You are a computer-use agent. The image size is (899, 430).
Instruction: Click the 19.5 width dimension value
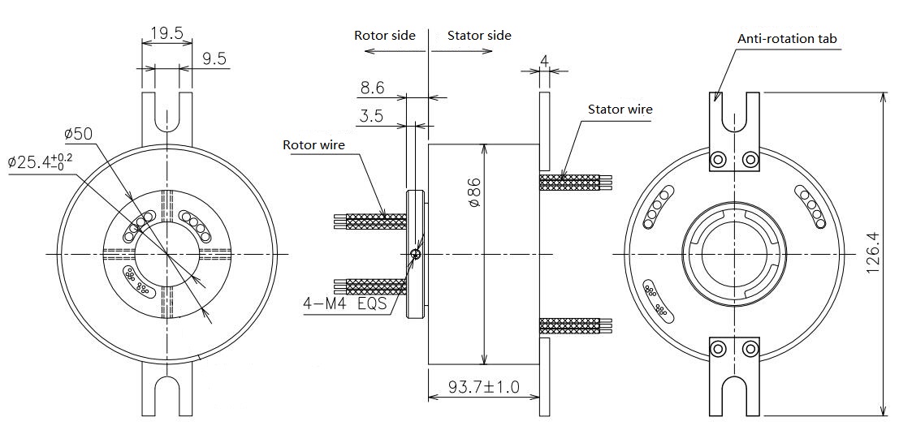click(x=167, y=33)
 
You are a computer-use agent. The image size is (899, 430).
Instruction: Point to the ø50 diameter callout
click(x=79, y=132)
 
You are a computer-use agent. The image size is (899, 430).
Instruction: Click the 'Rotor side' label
click(x=384, y=36)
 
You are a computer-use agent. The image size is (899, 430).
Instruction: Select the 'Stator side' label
click(x=479, y=36)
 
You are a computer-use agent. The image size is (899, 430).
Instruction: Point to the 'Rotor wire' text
click(x=313, y=145)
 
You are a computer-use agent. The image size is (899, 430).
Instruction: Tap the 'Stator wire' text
click(x=620, y=109)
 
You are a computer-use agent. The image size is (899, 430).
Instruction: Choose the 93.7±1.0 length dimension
click(x=484, y=388)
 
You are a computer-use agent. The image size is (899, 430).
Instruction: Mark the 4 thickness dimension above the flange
click(x=544, y=60)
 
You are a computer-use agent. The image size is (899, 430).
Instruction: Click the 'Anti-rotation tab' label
click(x=786, y=38)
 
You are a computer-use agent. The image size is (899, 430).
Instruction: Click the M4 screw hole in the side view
click(x=416, y=254)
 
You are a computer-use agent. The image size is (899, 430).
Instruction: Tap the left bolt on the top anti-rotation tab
click(x=717, y=160)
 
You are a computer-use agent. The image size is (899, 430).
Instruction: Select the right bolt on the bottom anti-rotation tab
click(x=749, y=350)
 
